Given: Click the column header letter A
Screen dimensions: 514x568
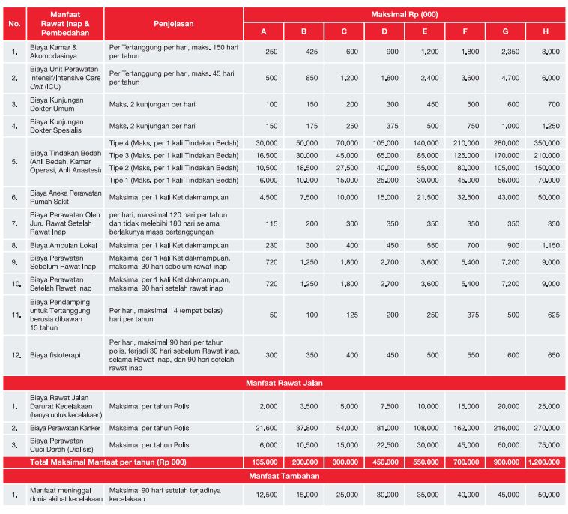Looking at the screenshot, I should click(263, 31).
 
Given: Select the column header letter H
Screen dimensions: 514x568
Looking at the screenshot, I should click(546, 31).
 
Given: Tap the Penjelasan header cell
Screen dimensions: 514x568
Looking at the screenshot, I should click(174, 24).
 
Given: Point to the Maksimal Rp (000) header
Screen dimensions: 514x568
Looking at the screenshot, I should click(405, 14).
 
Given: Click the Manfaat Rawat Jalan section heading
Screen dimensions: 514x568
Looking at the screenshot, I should click(284, 383).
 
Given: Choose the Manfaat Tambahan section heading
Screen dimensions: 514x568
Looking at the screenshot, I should click(284, 476).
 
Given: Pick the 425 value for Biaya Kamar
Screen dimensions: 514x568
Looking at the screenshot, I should click(303, 52).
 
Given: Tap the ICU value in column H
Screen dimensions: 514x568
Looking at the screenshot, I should click(550, 78).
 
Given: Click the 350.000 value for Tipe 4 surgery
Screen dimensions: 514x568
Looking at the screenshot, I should click(548, 143).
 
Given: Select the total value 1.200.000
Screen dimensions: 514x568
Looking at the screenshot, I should click(546, 462).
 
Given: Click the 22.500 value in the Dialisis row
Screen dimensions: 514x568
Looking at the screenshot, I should click(384, 445).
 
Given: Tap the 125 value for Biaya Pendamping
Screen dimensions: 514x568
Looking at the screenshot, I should click(344, 315).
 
